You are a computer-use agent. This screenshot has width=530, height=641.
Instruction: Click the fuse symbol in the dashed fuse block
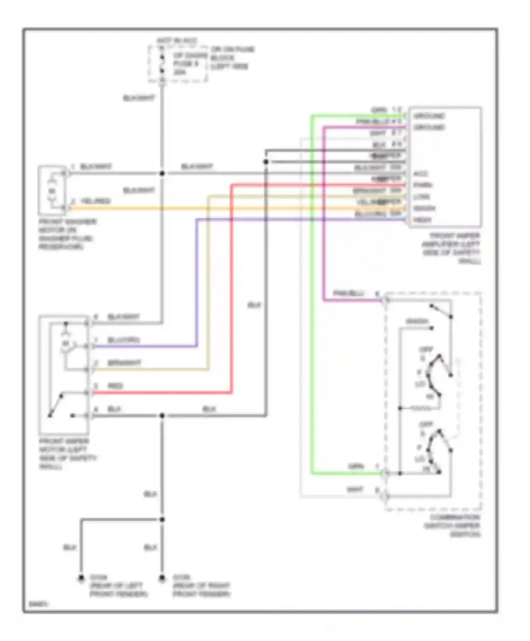pyautogui.click(x=162, y=64)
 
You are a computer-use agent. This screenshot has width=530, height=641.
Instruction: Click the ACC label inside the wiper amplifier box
pyautogui.click(x=420, y=174)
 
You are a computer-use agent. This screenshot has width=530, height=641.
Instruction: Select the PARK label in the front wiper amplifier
pyautogui.click(x=423, y=185)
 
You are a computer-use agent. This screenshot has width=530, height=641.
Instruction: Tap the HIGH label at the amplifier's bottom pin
pyautogui.click(x=422, y=220)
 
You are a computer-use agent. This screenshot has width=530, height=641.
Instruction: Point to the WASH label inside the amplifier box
pyautogui.click(x=424, y=208)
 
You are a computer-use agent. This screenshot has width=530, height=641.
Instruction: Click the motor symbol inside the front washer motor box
pyautogui.click(x=52, y=191)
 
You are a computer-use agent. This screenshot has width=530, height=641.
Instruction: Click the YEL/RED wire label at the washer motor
pyautogui.click(x=95, y=201)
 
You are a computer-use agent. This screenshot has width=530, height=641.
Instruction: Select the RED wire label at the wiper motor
pyautogui.click(x=115, y=386)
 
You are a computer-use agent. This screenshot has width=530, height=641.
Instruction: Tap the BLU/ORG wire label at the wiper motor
pyautogui.click(x=123, y=340)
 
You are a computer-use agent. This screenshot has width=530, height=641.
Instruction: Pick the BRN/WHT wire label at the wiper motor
pyautogui.click(x=124, y=363)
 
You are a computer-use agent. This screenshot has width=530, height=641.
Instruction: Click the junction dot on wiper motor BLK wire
pyautogui.click(x=162, y=416)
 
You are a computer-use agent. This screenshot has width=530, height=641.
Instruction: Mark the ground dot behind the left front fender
pyautogui.click(x=81, y=578)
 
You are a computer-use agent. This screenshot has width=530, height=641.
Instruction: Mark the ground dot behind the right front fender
pyautogui.click(x=162, y=578)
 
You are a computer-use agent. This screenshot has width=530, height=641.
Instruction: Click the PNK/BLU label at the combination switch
pyautogui.click(x=348, y=293)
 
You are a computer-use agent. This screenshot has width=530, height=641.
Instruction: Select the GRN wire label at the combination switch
pyautogui.click(x=356, y=466)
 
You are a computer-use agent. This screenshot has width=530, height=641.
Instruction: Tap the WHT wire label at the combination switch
pyautogui.click(x=355, y=490)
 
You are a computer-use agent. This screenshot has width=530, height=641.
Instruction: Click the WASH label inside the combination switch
pyautogui.click(x=417, y=321)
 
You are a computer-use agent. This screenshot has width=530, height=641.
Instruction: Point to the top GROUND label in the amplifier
pyautogui.click(x=429, y=116)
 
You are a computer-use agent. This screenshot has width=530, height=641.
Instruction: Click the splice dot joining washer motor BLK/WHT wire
pyautogui.click(x=162, y=174)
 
